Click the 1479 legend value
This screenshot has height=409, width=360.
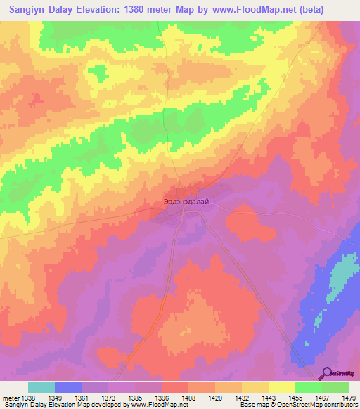349,397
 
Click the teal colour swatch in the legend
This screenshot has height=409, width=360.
41,387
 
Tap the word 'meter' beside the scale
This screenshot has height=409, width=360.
10,397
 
